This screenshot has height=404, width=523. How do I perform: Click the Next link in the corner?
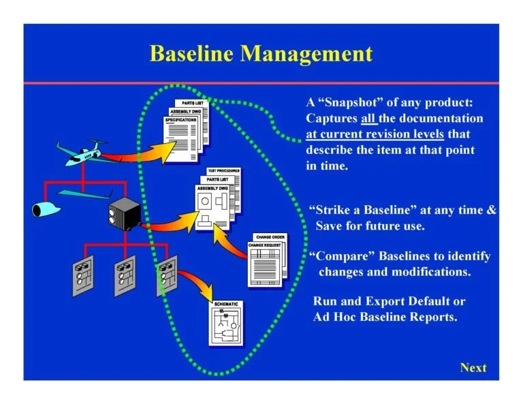[473, 368]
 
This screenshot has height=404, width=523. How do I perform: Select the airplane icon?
[81, 152]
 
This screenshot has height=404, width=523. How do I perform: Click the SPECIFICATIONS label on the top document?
[181, 120]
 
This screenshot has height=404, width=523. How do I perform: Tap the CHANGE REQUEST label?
[264, 244]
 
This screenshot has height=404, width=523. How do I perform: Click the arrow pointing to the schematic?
[195, 284]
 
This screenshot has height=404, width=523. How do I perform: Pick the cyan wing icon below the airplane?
[85, 194]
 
